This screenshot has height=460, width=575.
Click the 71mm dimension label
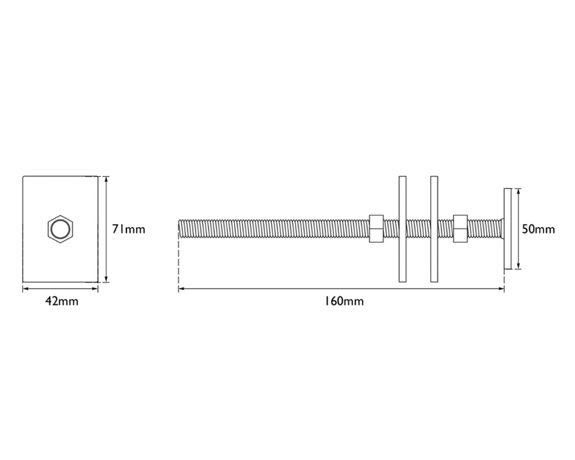128,229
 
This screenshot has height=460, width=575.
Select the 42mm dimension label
62,301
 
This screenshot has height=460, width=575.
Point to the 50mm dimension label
538,229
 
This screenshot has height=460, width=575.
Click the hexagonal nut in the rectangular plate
60,229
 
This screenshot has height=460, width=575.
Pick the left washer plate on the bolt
402,229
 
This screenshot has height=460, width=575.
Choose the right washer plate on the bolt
434,229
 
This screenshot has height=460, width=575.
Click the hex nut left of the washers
375,228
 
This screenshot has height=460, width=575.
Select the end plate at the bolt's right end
507,229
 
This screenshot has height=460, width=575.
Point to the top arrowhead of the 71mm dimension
106,179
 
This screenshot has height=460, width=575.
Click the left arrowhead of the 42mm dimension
25,289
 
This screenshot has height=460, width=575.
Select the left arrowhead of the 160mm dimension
181,289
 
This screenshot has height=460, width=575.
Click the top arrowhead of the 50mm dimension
519,191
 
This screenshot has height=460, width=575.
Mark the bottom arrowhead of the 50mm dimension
519,266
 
